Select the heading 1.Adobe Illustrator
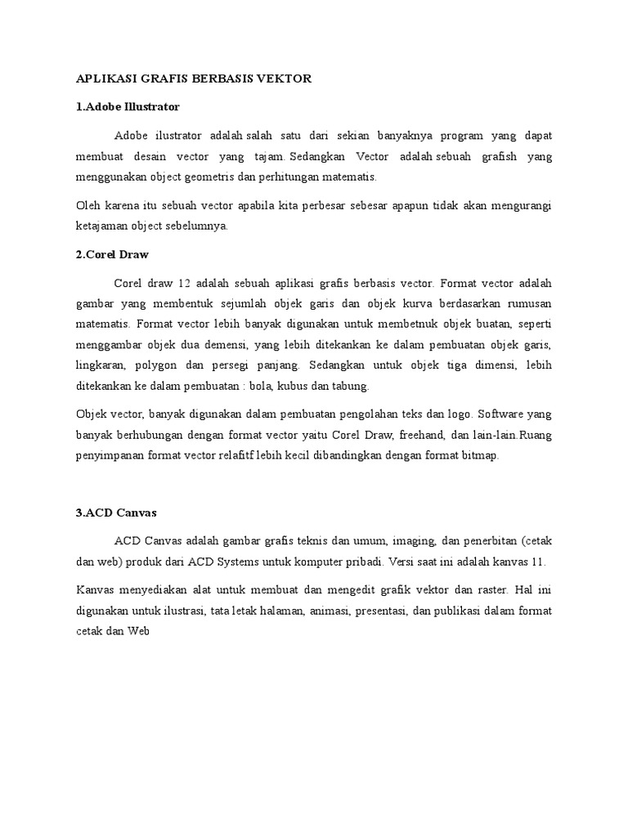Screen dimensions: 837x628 pyautogui.click(x=128, y=106)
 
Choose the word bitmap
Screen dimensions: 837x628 pyautogui.click(x=479, y=455)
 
